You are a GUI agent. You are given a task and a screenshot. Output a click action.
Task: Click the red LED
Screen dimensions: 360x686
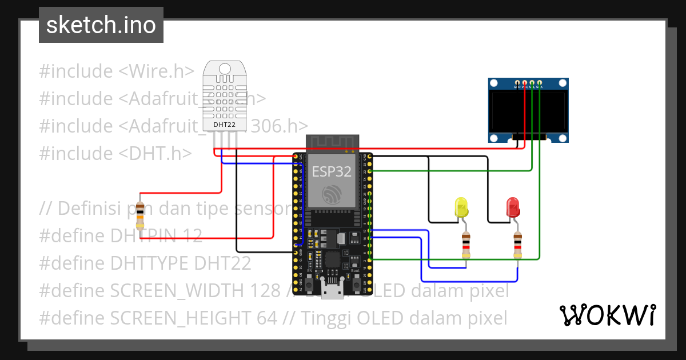point(513,207)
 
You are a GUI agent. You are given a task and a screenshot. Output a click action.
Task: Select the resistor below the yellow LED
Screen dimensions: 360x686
point(466,245)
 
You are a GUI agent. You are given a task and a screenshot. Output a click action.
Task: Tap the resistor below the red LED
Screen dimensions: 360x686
point(517,245)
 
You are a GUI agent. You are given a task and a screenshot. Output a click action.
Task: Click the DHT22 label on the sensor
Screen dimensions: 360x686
point(224,124)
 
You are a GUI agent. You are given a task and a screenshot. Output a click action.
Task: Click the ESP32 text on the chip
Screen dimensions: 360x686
point(332,171)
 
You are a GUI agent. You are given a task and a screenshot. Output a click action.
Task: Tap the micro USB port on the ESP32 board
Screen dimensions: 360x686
point(332,290)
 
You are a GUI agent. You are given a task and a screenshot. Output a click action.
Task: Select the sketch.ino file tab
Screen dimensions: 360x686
point(101,25)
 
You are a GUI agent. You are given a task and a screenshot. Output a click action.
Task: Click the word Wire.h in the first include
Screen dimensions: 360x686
point(156,71)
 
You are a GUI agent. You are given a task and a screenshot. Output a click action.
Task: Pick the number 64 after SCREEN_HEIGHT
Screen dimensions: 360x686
point(266,318)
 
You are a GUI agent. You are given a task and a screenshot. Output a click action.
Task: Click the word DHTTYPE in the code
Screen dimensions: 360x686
point(150,263)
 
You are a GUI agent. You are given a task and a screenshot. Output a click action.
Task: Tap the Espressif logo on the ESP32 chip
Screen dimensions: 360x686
point(332,195)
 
